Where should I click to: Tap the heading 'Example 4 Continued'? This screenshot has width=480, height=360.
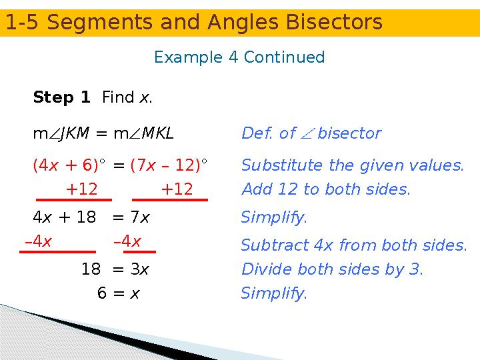(239, 57)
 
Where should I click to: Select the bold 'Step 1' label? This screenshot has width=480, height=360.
(61, 98)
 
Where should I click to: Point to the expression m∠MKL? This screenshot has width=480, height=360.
(143, 133)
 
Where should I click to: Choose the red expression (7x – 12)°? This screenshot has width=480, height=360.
(169, 165)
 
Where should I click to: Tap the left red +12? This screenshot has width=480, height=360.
(81, 189)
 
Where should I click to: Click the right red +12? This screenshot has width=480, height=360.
(177, 189)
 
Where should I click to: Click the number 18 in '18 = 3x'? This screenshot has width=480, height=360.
(91, 270)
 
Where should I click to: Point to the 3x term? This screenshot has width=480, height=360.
(140, 270)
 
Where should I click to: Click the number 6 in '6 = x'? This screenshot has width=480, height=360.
(101, 293)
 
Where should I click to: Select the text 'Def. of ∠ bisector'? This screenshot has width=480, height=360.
(311, 133)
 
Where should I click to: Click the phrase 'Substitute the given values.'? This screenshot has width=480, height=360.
(352, 165)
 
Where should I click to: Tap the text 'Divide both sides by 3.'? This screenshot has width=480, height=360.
(332, 270)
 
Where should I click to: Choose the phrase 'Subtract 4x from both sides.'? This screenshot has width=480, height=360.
(353, 245)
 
